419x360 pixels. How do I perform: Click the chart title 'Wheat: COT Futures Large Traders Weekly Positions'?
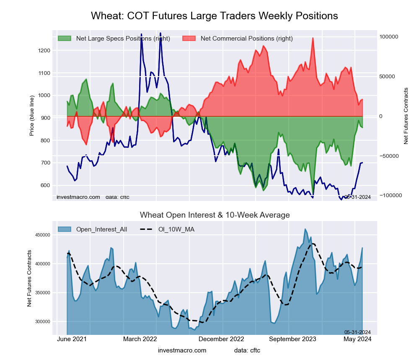click(214, 16)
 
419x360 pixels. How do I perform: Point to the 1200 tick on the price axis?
click(44, 51)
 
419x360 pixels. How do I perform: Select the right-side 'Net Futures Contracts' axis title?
click(406, 116)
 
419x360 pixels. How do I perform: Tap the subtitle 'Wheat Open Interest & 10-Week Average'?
click(215, 215)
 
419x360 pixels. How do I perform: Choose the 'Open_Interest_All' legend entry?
click(101, 229)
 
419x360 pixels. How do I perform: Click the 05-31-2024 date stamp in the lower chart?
click(357, 332)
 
